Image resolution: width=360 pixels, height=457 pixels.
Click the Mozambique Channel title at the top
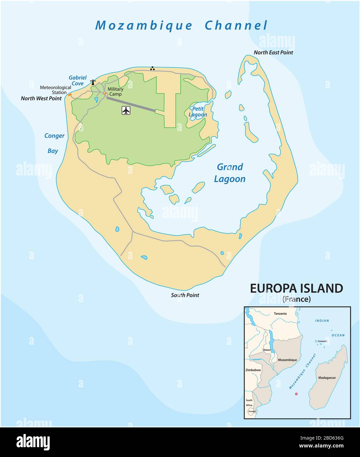(x=181, y=26)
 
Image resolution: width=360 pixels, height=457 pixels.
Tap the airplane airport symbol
(x=126, y=110)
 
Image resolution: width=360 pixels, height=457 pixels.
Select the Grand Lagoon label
(x=230, y=173)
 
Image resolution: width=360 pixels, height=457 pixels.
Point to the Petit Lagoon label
(x=198, y=112)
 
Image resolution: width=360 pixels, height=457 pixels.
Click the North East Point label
(x=273, y=52)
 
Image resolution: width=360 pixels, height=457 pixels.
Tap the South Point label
(x=185, y=295)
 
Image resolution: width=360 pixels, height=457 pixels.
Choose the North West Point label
(x=41, y=98)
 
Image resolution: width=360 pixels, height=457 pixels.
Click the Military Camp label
(x=116, y=91)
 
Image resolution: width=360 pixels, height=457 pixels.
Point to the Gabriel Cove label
(x=77, y=81)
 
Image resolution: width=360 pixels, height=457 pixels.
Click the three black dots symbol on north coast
(x=152, y=68)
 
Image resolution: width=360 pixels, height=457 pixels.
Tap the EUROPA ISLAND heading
(x=296, y=288)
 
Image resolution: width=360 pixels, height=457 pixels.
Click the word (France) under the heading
(x=296, y=299)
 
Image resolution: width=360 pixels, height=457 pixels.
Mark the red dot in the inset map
(x=296, y=394)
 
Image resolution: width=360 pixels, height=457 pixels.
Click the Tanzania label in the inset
(x=280, y=314)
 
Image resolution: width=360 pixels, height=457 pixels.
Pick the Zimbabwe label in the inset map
(x=253, y=370)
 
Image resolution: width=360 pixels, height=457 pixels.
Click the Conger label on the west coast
(x=55, y=136)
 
